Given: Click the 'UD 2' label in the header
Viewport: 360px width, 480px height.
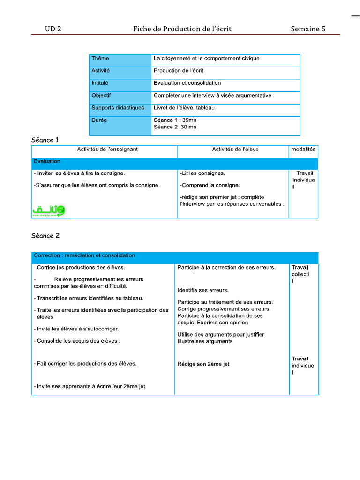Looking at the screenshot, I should [x=53, y=29].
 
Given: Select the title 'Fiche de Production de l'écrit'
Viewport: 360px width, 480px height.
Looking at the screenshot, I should [x=182, y=29].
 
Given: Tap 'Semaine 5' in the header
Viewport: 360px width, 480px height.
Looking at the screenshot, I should [x=308, y=29].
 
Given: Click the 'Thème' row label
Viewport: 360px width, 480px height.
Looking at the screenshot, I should [x=100, y=59].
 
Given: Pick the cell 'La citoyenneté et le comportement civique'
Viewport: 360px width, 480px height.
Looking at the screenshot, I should [x=206, y=59].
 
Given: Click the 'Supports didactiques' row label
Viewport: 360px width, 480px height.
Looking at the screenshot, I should [x=118, y=108].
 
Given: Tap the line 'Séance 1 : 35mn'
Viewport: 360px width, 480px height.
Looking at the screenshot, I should [x=175, y=120].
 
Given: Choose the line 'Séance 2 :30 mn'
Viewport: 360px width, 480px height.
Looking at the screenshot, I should [x=175, y=127].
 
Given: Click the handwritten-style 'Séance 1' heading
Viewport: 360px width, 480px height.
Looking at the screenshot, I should [x=45, y=140].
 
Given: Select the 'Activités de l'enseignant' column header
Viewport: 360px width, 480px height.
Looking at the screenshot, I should [x=107, y=150].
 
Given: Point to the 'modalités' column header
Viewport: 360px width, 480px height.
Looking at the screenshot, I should [x=303, y=150].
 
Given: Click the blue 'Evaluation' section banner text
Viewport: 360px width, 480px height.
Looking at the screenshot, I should [x=47, y=161].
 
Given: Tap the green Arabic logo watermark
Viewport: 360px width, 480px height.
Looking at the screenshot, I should [x=49, y=211].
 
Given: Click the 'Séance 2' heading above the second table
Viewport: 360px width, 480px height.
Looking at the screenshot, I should [x=45, y=236].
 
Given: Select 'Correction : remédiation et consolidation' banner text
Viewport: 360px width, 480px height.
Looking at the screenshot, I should [x=84, y=255].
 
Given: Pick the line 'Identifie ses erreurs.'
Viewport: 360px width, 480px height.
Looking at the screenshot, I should [x=203, y=290].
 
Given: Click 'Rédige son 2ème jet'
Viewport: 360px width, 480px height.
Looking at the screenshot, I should [x=203, y=364].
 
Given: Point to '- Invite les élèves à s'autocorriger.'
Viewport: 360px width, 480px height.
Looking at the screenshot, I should [x=76, y=329].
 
